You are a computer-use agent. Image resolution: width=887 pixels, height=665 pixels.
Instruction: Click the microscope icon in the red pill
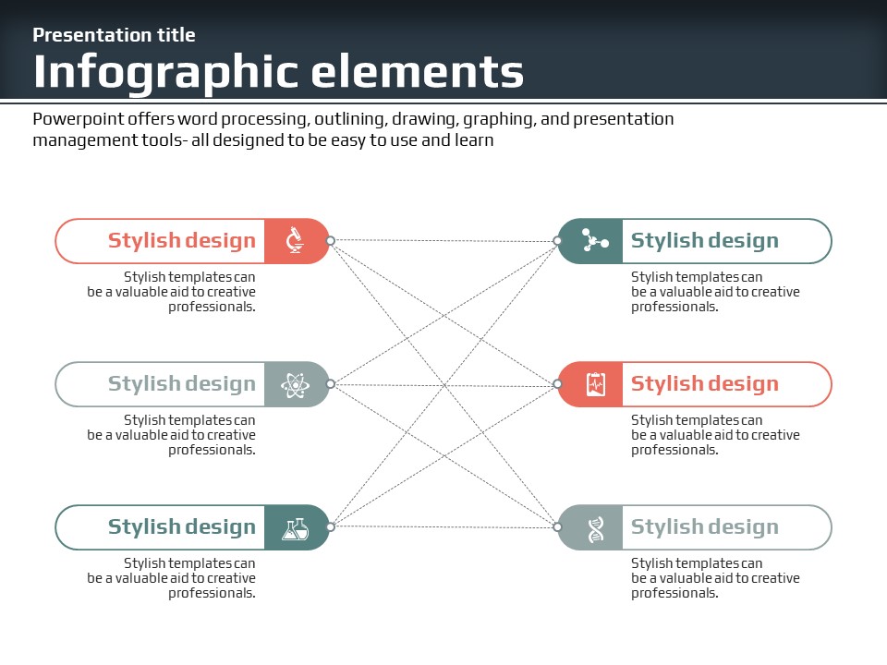[295, 240]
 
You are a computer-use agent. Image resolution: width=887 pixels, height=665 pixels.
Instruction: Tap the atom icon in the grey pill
[295, 384]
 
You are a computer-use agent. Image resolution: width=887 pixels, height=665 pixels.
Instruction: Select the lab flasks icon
[296, 528]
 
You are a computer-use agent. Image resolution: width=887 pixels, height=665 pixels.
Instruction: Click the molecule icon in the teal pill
[595, 241]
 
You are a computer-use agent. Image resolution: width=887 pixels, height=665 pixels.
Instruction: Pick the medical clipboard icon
[596, 384]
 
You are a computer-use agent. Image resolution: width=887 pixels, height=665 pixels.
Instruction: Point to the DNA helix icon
[596, 528]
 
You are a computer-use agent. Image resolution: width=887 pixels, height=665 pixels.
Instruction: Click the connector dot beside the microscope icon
[331, 240]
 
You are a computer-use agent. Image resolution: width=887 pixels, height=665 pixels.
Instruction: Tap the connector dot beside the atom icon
[331, 384]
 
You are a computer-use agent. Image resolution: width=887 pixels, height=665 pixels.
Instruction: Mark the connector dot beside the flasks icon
[331, 527]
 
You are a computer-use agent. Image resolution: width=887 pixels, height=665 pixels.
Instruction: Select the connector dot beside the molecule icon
[557, 241]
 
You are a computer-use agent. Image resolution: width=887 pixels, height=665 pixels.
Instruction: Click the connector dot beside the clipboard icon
[557, 384]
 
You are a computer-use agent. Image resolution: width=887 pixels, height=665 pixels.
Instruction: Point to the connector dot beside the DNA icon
[557, 527]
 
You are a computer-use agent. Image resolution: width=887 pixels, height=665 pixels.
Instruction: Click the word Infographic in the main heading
[165, 72]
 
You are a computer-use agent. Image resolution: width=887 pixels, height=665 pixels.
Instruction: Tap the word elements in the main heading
[418, 72]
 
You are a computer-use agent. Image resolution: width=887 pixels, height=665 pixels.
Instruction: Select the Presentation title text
[114, 35]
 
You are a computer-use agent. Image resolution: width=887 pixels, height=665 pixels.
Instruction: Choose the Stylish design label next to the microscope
[182, 241]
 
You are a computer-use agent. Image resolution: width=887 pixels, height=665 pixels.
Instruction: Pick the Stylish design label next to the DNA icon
[705, 527]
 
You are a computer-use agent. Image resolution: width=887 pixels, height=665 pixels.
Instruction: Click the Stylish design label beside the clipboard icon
[705, 384]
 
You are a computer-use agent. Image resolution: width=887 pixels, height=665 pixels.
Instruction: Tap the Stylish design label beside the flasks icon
[182, 527]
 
